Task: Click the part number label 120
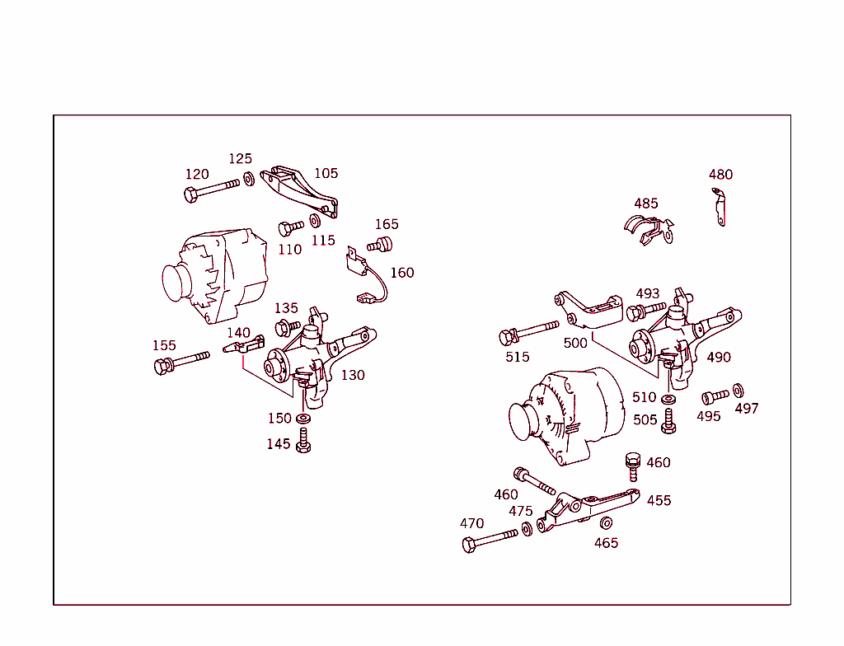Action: [197, 175]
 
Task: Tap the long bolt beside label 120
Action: [210, 189]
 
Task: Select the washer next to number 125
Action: [249, 178]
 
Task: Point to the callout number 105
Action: [326, 174]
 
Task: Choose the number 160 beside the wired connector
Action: [402, 273]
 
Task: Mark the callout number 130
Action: [353, 375]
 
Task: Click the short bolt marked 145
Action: [303, 443]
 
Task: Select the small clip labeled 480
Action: [720, 206]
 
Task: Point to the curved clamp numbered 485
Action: [646, 230]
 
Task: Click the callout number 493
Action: [648, 294]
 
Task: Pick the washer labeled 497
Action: [737, 389]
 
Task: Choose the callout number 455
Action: [659, 501]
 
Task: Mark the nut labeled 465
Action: [606, 523]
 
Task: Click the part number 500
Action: [575, 343]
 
